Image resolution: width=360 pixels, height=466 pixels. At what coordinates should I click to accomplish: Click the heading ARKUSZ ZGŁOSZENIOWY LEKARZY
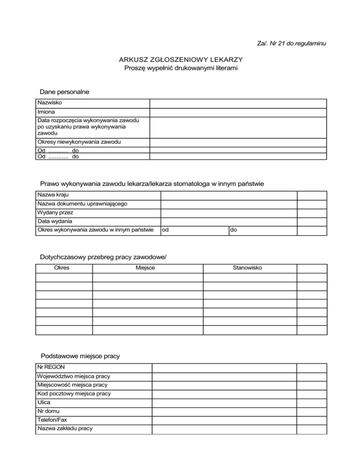click(181, 60)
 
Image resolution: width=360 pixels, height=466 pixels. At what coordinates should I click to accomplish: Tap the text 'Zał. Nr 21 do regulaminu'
click(292, 44)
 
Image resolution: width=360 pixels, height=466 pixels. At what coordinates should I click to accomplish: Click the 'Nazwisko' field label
click(49, 103)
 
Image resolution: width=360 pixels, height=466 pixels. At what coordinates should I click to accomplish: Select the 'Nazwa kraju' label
click(54, 195)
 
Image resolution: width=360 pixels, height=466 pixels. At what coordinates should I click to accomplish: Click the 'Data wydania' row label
click(55, 221)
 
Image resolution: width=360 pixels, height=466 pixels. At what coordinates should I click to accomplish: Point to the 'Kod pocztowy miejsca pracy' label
click(74, 394)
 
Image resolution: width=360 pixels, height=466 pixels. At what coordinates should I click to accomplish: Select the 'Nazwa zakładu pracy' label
click(64, 428)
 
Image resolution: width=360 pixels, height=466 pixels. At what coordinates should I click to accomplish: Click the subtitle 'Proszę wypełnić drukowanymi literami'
click(181, 69)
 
